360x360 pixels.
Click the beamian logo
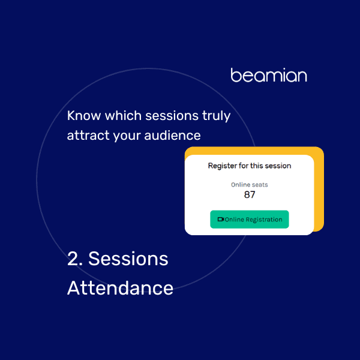[269, 75]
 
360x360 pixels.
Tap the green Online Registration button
[250, 219]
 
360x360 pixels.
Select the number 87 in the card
[250, 194]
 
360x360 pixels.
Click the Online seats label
[250, 185]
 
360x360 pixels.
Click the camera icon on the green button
[221, 219]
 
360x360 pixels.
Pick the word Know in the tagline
[84, 115]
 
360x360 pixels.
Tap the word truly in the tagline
[216, 116]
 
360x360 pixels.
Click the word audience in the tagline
[172, 135]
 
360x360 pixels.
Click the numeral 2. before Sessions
[75, 259]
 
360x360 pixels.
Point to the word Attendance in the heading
[121, 288]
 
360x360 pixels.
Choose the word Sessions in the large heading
[128, 259]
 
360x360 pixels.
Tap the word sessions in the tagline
[172, 115]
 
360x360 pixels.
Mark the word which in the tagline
[123, 115]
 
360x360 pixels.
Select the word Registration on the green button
[264, 220]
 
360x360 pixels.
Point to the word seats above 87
[260, 185]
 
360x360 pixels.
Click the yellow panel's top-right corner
[323, 147]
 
